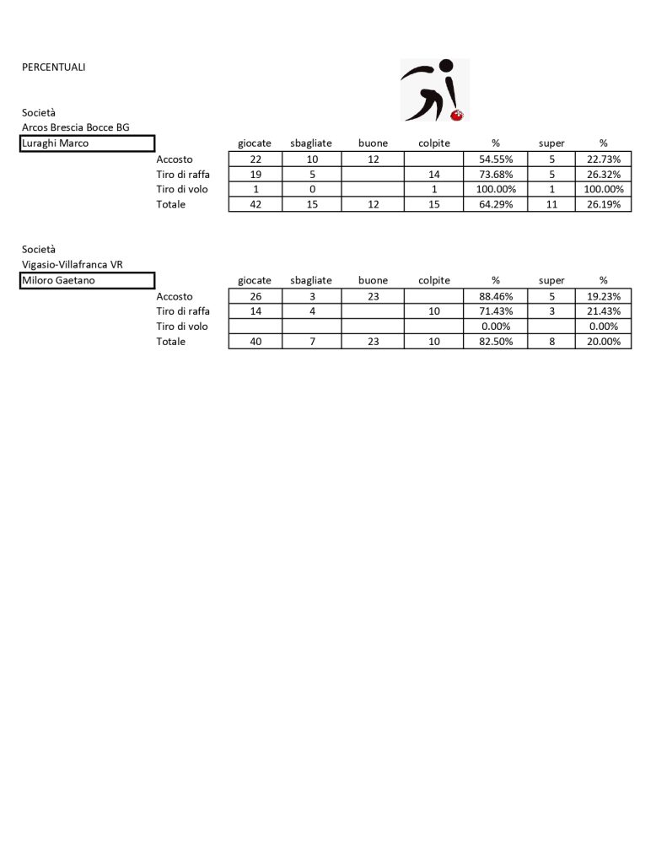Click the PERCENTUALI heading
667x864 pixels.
[x=53, y=67]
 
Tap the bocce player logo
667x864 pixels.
[x=433, y=89]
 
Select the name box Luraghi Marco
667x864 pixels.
[x=87, y=143]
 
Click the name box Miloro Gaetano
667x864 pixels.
[x=87, y=280]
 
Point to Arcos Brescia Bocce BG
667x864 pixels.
[x=76, y=127]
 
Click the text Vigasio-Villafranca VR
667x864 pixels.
[x=73, y=265]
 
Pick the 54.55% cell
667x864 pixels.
[x=496, y=159]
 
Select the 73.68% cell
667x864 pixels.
[x=496, y=174]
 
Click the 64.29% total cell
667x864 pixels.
[x=496, y=204]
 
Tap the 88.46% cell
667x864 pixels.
[x=496, y=296]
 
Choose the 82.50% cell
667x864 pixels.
[x=496, y=342]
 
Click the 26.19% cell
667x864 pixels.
[x=603, y=204]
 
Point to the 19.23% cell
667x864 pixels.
[x=603, y=296]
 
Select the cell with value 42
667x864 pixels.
[x=255, y=204]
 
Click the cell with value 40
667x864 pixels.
[x=255, y=342]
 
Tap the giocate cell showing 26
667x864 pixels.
[x=255, y=296]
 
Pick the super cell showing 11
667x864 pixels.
[x=551, y=204]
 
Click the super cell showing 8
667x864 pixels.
[x=551, y=342]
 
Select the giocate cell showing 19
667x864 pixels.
[x=255, y=174]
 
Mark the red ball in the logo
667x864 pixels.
[x=459, y=114]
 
